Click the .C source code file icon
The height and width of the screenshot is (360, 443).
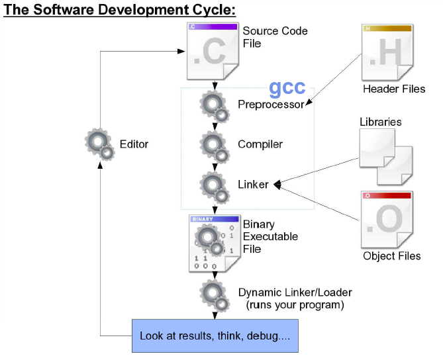pos(213,52)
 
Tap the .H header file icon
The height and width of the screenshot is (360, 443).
pos(388,52)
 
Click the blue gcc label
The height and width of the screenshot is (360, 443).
pos(287,88)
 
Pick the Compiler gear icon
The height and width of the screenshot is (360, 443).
pos(214,146)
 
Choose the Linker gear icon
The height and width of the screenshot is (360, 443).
pos(214,186)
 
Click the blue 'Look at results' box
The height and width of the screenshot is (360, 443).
pos(215,336)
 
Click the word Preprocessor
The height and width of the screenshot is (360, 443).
pos(271,104)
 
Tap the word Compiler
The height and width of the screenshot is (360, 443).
pos(260,144)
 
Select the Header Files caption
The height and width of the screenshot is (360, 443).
pos(394,89)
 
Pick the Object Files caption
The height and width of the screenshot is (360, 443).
pos(392,256)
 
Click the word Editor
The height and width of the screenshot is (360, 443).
pos(134,144)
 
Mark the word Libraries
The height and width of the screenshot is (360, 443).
pos(381,122)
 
